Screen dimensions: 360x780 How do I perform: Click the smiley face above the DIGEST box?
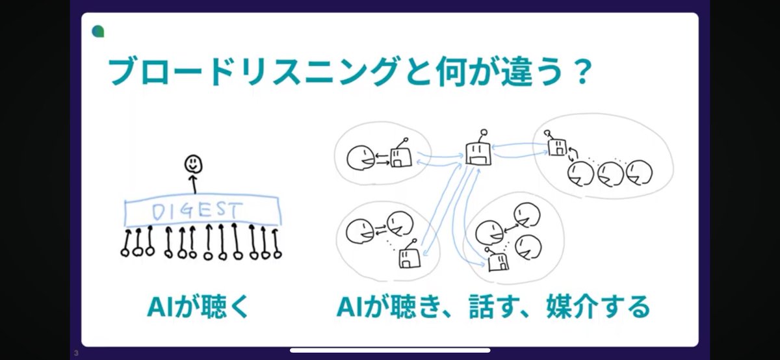pyautogui.click(x=192, y=163)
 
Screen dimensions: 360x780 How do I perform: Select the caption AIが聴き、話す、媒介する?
pyautogui.click(x=493, y=307)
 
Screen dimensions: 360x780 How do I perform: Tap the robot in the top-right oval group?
pyautogui.click(x=557, y=146)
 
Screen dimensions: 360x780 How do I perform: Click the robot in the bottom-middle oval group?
pyautogui.click(x=497, y=260)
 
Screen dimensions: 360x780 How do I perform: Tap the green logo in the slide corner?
pyautogui.click(x=98, y=31)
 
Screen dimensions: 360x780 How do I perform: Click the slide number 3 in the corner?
pyautogui.click(x=76, y=354)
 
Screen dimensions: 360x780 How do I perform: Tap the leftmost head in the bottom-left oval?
pyautogui.click(x=357, y=229)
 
